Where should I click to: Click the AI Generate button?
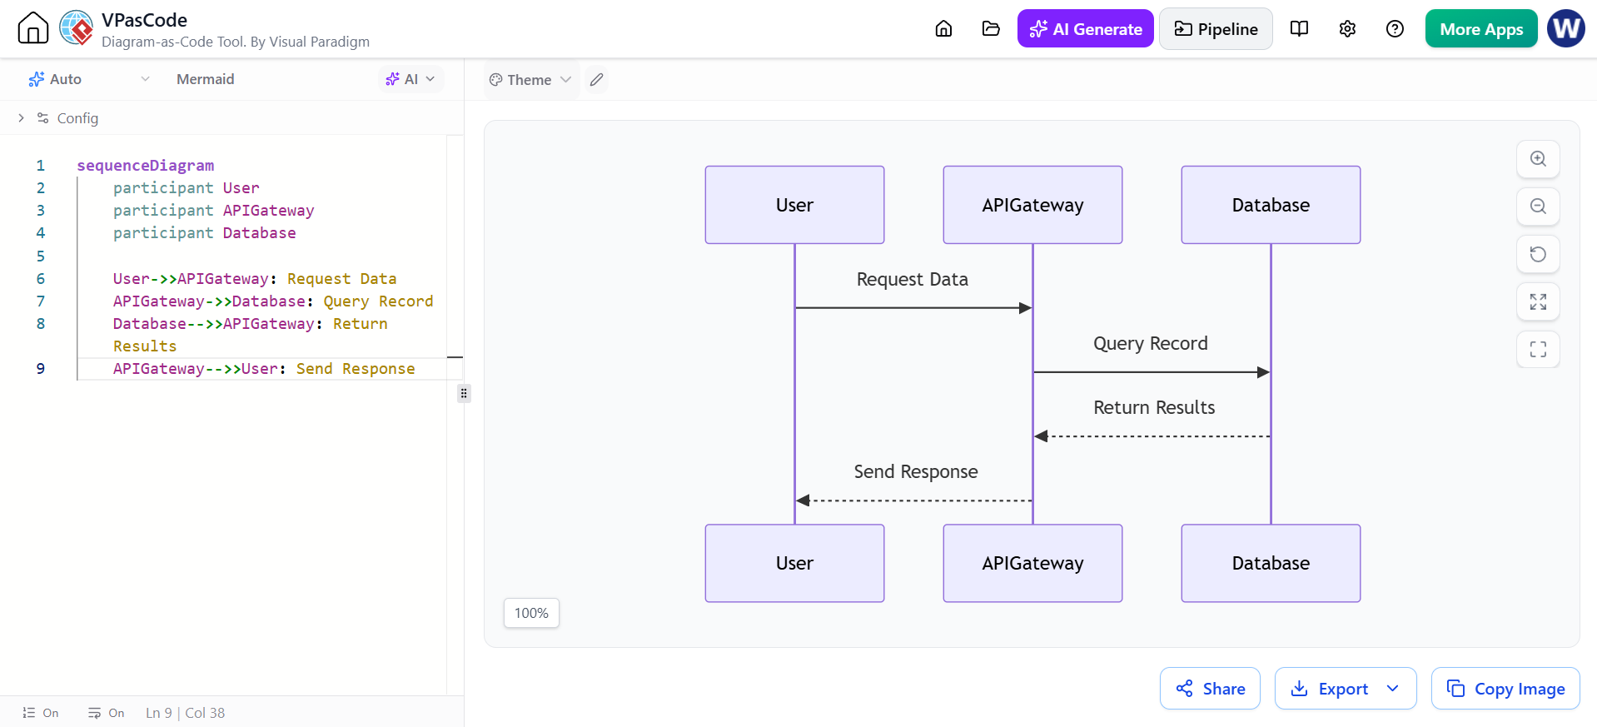(1085, 29)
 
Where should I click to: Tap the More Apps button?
(1481, 29)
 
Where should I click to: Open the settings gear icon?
(1347, 29)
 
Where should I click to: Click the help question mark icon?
(1395, 29)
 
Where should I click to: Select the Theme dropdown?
(530, 80)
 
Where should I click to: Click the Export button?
(1345, 689)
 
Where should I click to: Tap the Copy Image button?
(1505, 689)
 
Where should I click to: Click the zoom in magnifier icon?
(1538, 159)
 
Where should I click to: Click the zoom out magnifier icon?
(1538, 207)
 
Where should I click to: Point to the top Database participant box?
(1271, 205)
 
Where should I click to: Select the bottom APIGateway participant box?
(1032, 563)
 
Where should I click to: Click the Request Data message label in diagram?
(913, 280)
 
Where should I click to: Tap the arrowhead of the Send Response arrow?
(803, 500)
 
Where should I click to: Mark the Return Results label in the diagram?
(1154, 407)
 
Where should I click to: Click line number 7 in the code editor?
(41, 301)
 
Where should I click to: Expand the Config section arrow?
(21, 118)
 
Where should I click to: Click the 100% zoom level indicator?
(531, 613)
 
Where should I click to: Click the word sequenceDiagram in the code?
(146, 166)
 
